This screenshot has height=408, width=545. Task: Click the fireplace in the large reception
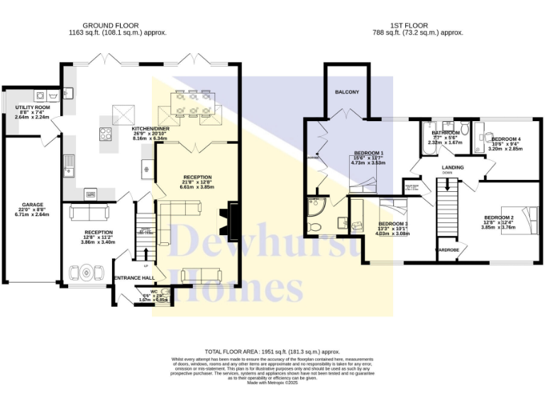[x=230, y=218]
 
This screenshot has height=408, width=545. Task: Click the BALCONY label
[x=346, y=92]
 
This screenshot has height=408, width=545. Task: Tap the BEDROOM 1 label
[x=368, y=154]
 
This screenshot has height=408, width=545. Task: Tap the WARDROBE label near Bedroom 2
[x=446, y=250]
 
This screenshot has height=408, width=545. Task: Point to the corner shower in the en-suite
[x=314, y=208]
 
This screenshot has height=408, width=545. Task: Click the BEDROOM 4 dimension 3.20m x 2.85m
[x=505, y=149]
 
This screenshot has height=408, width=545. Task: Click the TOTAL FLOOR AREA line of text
[x=272, y=351]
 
